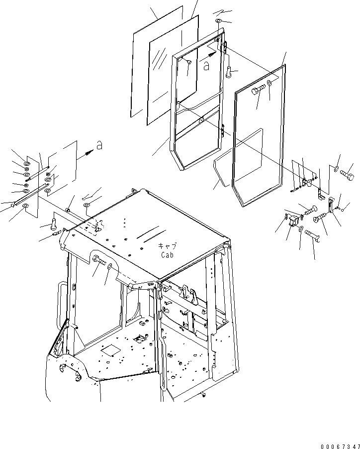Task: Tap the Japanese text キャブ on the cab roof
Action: pyautogui.click(x=167, y=246)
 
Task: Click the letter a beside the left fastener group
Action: pyautogui.click(x=99, y=145)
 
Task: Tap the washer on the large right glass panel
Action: pyautogui.click(x=270, y=83)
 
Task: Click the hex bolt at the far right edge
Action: pyautogui.click(x=347, y=175)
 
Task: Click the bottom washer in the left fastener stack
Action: pyautogui.click(x=26, y=206)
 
